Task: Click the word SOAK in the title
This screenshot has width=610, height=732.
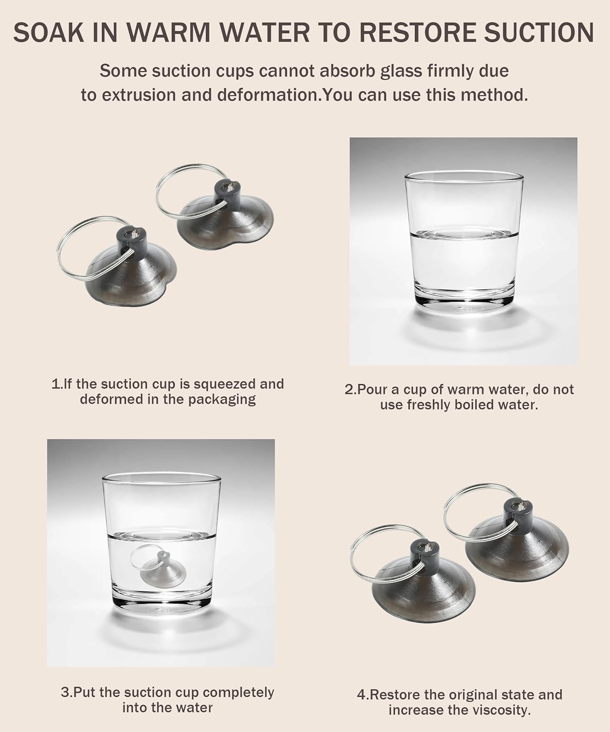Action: pyautogui.click(x=49, y=33)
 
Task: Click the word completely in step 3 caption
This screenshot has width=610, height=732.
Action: pyautogui.click(x=238, y=693)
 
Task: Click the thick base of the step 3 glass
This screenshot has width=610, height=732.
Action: pyautogui.click(x=162, y=602)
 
